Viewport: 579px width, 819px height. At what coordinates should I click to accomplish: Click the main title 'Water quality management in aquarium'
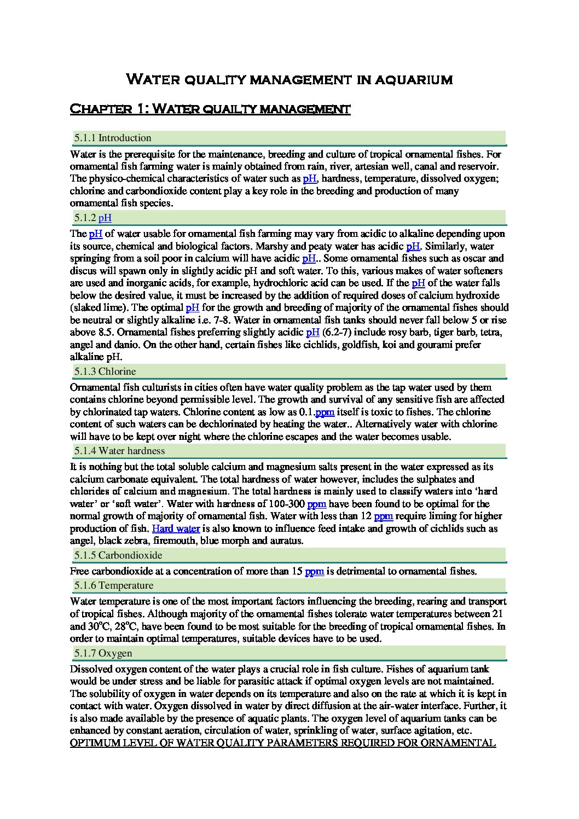pos(289,80)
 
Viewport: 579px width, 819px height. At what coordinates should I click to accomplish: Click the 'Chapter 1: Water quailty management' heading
pos(210,109)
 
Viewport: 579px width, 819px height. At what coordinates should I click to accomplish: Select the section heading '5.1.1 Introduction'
pos(113,138)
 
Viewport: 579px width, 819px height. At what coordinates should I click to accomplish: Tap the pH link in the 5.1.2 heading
pos(105,218)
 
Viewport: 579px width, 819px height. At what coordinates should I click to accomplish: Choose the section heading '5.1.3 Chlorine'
pos(105,371)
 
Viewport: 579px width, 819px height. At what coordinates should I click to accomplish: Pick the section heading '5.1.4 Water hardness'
pos(119,451)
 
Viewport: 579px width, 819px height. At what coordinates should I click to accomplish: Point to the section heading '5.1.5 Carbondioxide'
pos(118,555)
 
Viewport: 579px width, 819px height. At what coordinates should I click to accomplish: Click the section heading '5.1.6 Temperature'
pos(114,585)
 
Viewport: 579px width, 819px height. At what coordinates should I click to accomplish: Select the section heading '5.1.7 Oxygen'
pos(103,653)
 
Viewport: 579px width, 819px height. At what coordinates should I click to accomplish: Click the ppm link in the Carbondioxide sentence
pos(315,571)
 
